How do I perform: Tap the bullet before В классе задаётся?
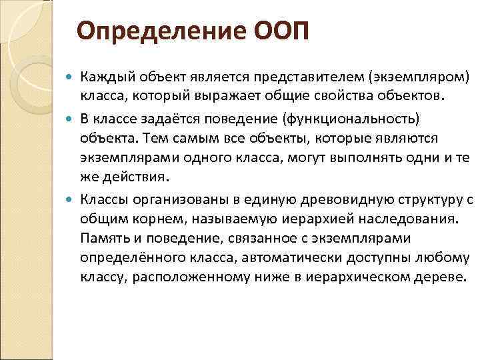[x=71, y=119]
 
